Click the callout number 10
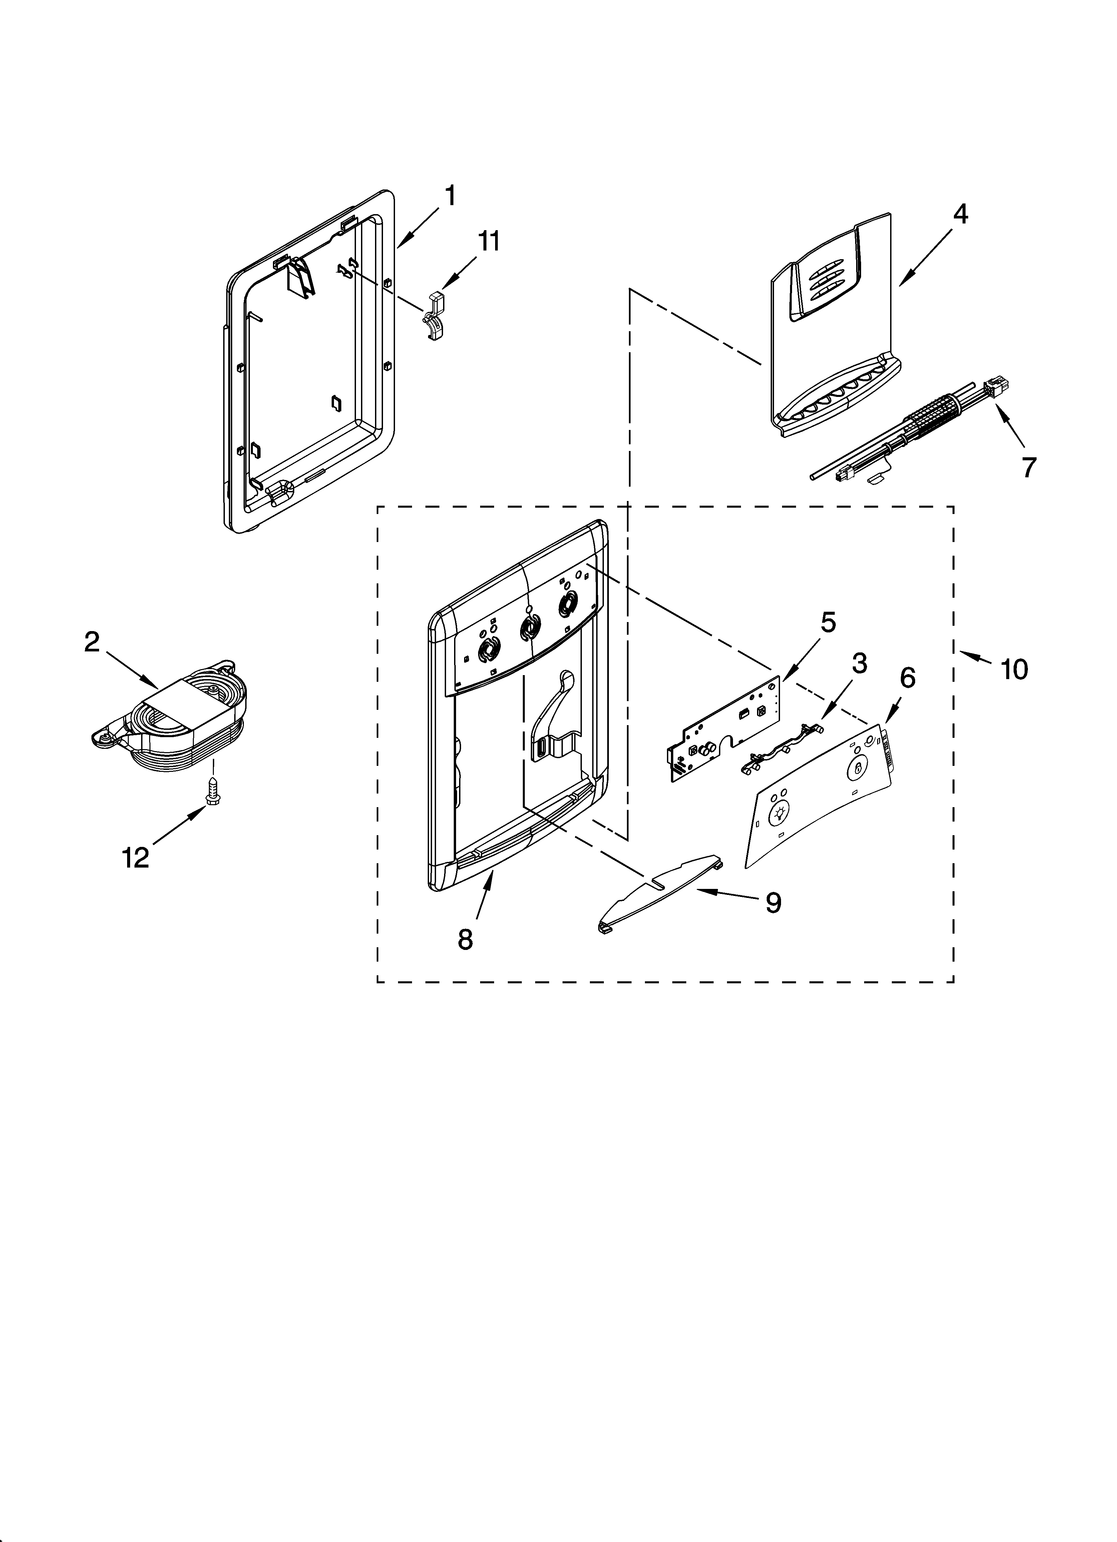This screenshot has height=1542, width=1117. [x=1014, y=670]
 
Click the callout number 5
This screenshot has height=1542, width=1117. [x=827, y=623]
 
